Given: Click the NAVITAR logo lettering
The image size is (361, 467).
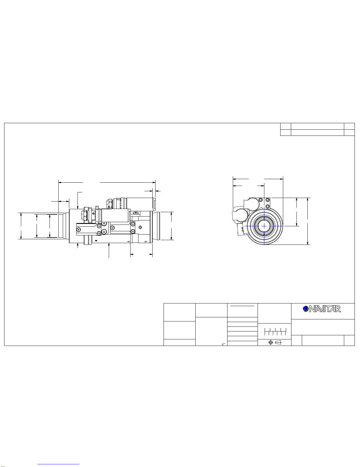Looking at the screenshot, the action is (x=325, y=309).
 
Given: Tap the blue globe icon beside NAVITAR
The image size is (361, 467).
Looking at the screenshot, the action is (x=306, y=309).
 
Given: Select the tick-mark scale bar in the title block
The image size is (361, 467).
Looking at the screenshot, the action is (x=275, y=331).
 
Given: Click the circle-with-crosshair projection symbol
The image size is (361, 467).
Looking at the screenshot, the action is (x=271, y=342).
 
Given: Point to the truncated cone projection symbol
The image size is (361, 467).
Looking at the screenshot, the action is (x=278, y=342).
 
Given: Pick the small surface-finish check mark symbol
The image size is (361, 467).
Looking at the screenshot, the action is (x=223, y=344).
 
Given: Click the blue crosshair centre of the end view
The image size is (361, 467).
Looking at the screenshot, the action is (x=264, y=226).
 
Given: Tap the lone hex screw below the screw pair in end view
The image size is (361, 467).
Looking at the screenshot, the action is (x=268, y=206).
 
